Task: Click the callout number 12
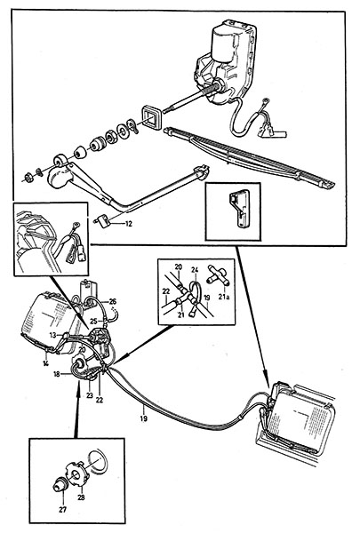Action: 128,224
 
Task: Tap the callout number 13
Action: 52,335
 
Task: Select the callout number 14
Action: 45,363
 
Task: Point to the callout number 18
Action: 57,374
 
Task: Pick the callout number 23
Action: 90,395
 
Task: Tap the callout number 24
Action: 195,270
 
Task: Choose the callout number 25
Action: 93,320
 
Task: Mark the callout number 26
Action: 113,301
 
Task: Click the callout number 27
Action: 63,510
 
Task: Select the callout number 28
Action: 81,497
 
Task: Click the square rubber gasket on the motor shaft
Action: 150,117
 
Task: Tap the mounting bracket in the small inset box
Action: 240,208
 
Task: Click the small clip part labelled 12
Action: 103,220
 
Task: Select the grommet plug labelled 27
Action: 60,483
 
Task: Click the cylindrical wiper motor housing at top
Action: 223,44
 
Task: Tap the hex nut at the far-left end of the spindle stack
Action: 29,178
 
